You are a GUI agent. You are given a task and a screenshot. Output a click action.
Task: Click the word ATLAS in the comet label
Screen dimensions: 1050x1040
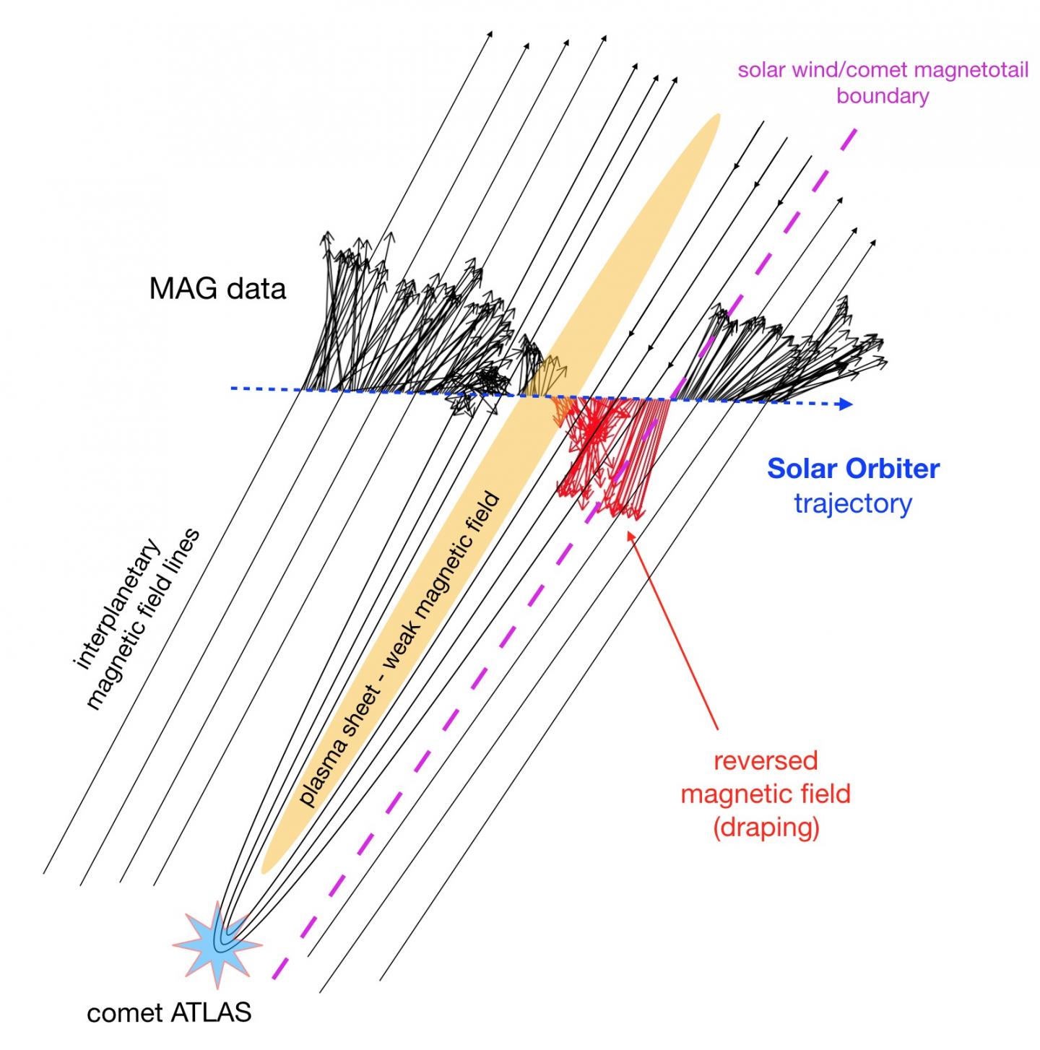tap(214, 1012)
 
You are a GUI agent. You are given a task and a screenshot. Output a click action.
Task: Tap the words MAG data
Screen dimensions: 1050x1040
tap(217, 289)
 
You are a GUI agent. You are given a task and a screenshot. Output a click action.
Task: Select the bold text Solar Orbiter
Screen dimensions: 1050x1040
tap(853, 469)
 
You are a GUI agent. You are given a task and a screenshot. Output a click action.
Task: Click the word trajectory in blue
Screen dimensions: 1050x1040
tap(853, 503)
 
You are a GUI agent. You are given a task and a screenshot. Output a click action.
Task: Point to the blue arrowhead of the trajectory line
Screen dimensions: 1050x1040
tap(844, 404)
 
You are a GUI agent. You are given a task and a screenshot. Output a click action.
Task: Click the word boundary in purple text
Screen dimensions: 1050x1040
tap(883, 96)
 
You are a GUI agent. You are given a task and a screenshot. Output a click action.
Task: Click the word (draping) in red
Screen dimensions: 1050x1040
tap(766, 828)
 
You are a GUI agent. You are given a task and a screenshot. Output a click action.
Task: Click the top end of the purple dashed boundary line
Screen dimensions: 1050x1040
tap(855, 131)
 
